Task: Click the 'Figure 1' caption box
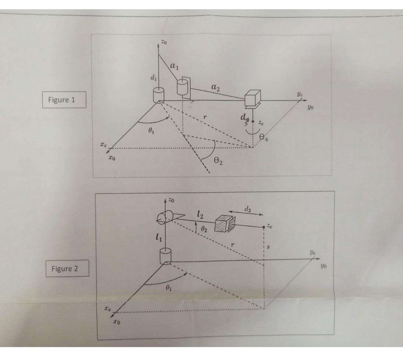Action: (x=64, y=100)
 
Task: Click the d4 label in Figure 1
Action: (x=243, y=117)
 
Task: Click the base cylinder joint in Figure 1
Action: (x=158, y=95)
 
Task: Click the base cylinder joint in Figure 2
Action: (x=165, y=255)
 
